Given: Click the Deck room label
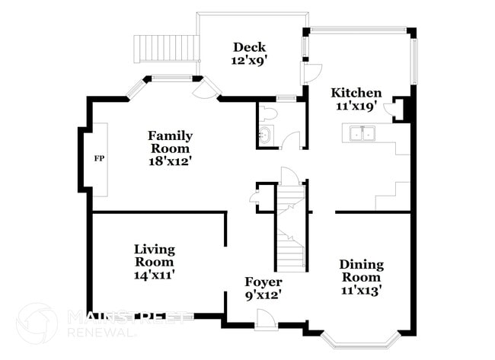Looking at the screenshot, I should point(248,46).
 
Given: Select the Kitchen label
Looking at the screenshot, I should point(356,93).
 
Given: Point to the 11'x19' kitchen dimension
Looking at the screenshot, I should point(356,106).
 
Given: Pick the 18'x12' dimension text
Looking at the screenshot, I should point(170,161).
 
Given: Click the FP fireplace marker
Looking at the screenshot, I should point(98,158).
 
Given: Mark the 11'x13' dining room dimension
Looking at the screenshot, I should point(361,289).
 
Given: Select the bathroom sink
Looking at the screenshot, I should point(265,137).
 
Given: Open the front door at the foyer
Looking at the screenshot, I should point(265,322).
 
